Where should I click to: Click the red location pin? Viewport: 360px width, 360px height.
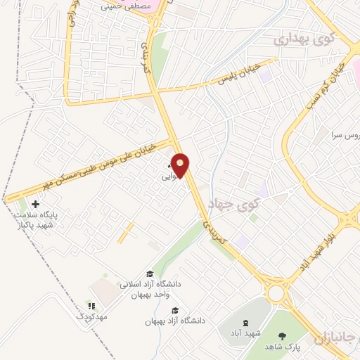click(181, 165)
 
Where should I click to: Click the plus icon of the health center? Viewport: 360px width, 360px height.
click(36, 204)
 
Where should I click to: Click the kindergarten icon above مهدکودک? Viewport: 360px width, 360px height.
click(91, 307)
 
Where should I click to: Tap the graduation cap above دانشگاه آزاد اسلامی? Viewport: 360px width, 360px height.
click(149, 274)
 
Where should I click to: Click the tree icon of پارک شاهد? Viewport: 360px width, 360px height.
click(283, 336)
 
